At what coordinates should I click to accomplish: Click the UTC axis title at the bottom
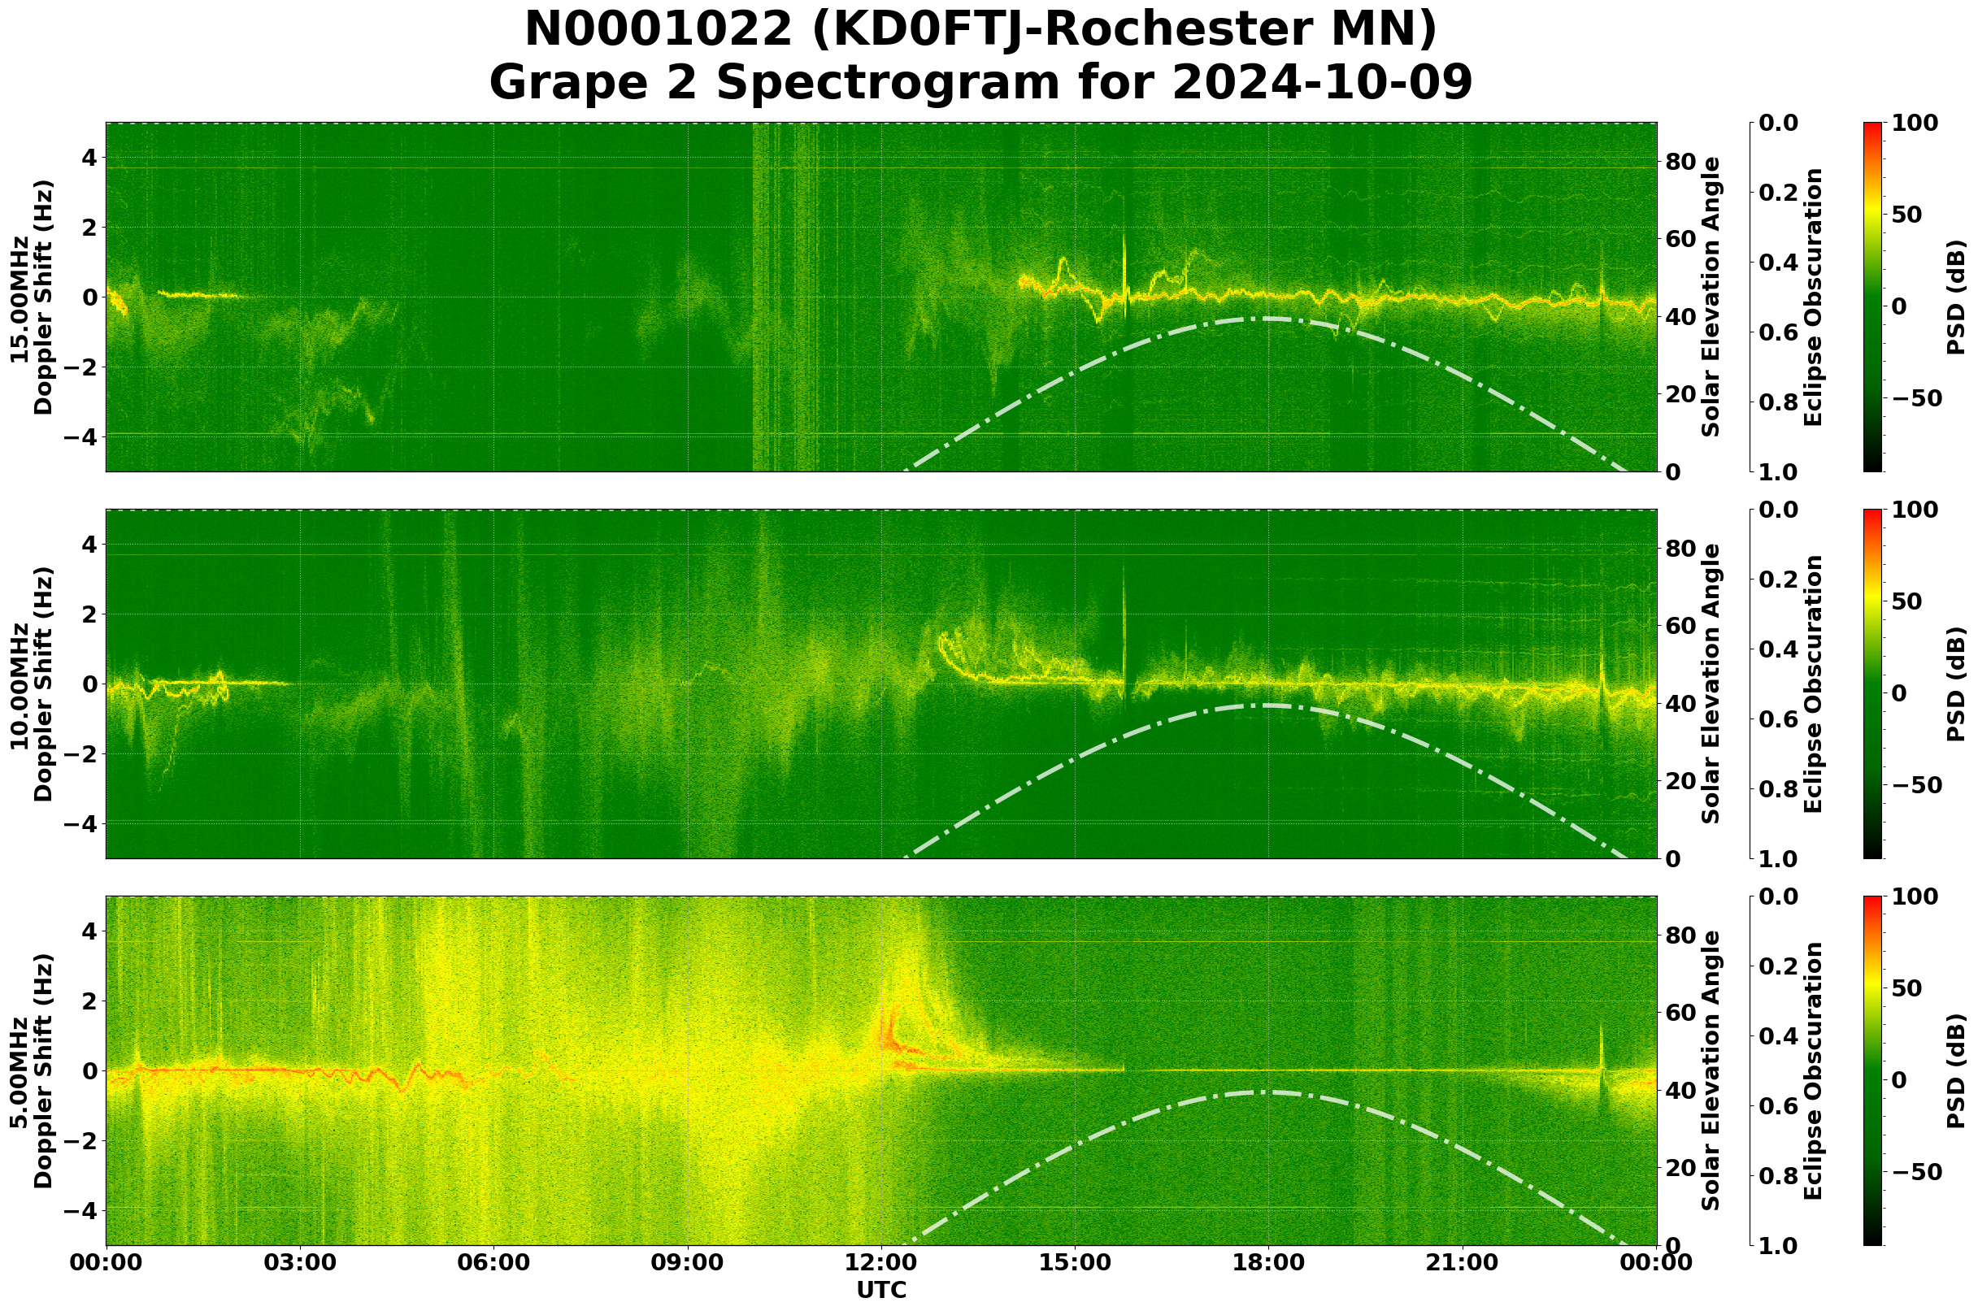click(881, 1290)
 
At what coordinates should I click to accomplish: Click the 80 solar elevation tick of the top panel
click(1680, 162)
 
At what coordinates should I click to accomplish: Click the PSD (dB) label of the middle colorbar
click(1955, 684)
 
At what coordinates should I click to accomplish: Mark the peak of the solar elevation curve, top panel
click(1268, 319)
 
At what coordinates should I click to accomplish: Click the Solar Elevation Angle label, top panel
click(1711, 297)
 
